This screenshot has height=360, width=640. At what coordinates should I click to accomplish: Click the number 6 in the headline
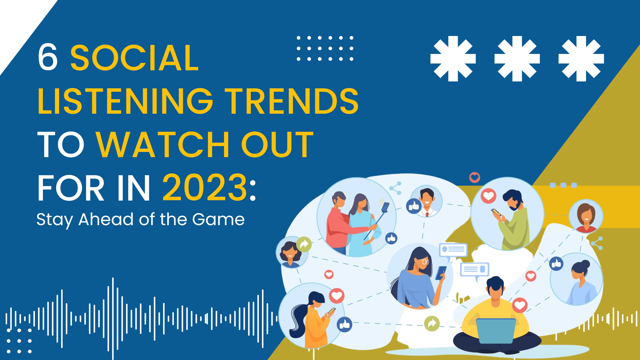(x=47, y=57)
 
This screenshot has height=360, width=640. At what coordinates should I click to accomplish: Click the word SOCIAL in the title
(x=134, y=58)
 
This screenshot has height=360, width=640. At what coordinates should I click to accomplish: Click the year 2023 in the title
(x=205, y=188)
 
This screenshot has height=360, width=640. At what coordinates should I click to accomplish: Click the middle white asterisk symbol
(x=517, y=59)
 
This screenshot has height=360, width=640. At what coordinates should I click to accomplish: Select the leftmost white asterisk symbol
(x=453, y=59)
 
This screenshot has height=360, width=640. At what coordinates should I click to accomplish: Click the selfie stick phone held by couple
(x=385, y=207)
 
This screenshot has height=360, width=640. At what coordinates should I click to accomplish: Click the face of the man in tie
(x=427, y=198)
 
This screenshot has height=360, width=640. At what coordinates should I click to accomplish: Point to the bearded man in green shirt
(x=513, y=220)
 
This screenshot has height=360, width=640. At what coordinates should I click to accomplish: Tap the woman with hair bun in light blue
(x=580, y=283)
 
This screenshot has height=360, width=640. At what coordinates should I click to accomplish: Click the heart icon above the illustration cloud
(x=475, y=177)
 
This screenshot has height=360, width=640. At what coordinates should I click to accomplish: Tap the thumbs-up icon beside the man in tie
(x=414, y=206)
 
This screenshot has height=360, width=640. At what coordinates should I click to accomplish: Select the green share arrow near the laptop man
(x=432, y=323)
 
